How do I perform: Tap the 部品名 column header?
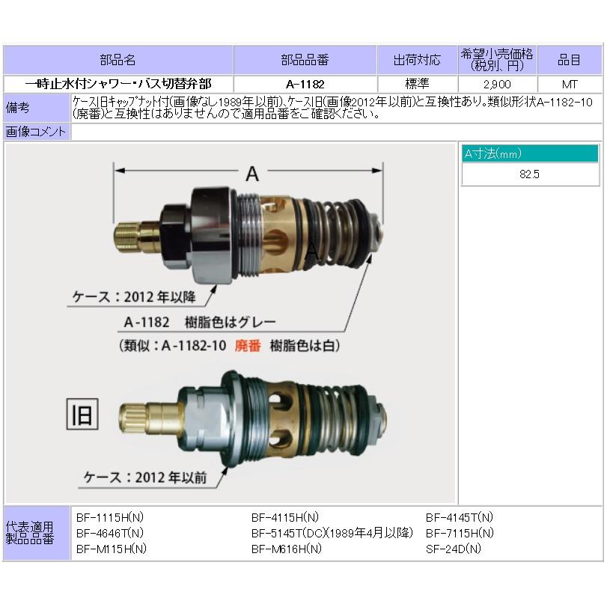click(119, 60)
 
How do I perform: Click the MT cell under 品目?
click(569, 85)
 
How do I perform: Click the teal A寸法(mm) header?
click(529, 153)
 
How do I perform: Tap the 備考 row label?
click(18, 107)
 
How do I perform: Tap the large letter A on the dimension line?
click(252, 174)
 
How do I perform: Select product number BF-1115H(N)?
click(111, 517)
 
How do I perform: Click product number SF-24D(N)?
click(454, 548)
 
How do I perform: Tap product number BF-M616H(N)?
click(286, 548)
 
